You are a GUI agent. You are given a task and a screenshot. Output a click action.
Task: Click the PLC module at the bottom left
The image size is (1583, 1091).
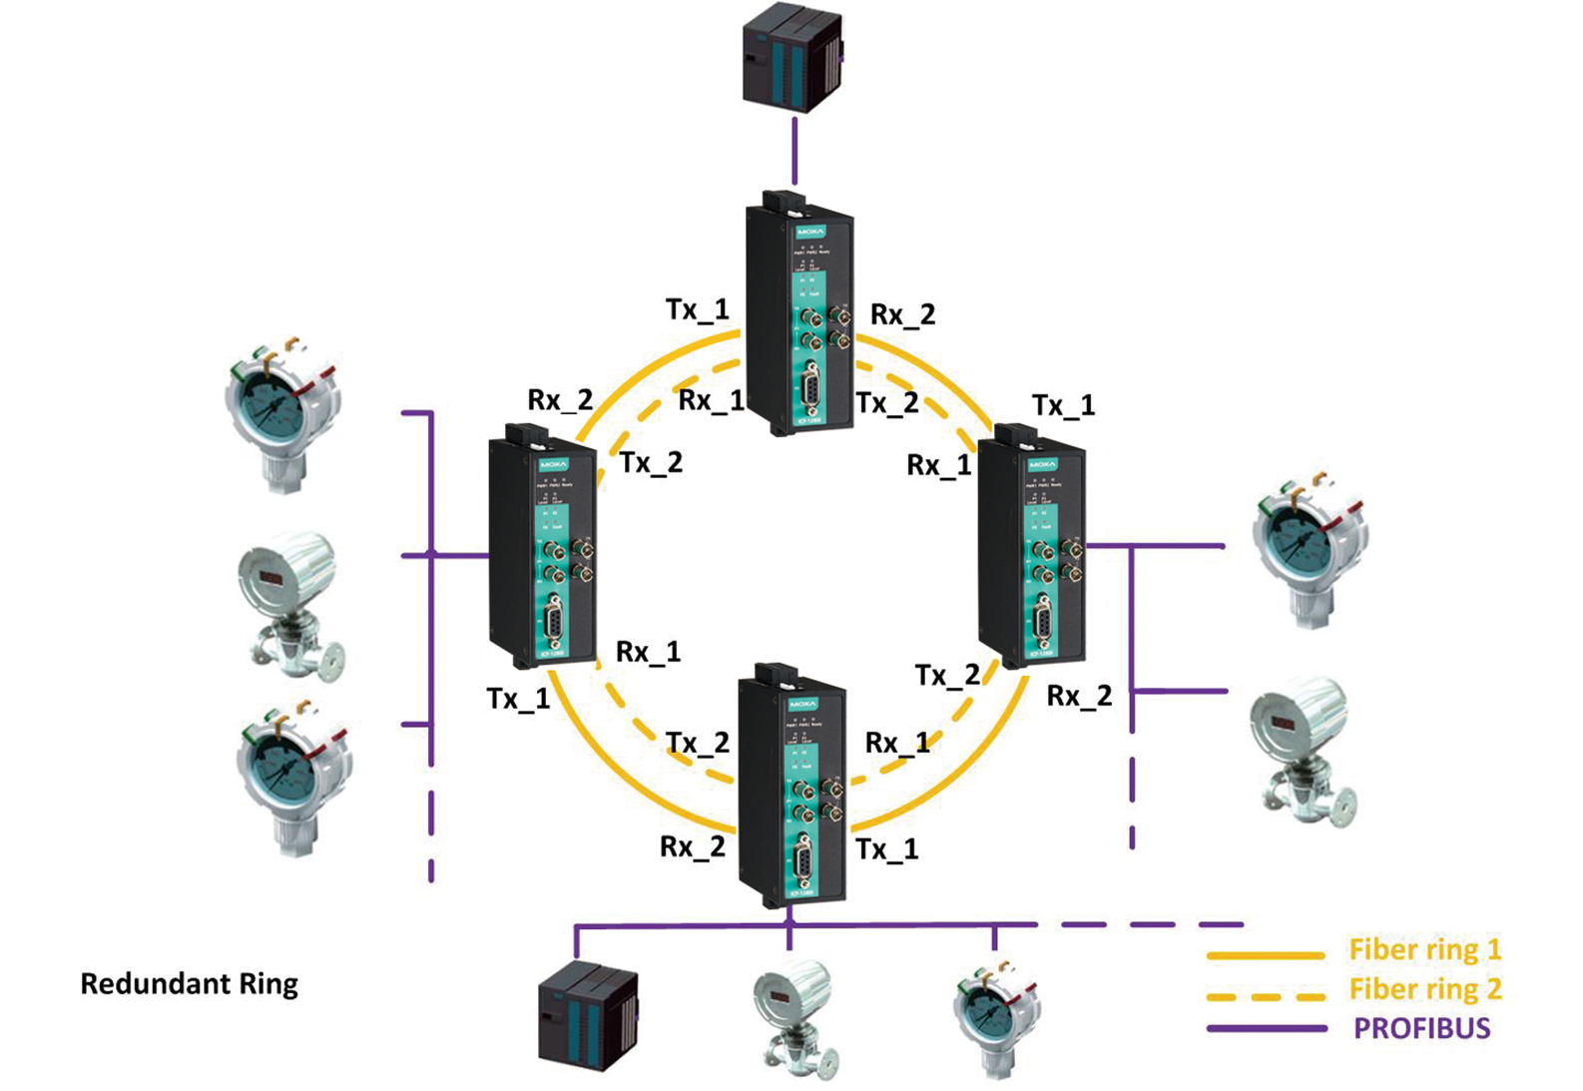coord(588,1013)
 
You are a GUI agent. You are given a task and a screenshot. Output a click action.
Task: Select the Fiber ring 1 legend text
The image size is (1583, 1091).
coord(1424,949)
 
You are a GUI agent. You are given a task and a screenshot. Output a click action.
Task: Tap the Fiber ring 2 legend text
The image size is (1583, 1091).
coord(1424,989)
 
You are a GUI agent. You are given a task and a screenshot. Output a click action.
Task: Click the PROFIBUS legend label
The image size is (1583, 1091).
coord(1421,1028)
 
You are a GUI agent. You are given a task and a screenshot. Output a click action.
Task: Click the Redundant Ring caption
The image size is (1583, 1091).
coord(189,984)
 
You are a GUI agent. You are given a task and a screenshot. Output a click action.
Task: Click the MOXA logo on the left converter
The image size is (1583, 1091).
coord(553,465)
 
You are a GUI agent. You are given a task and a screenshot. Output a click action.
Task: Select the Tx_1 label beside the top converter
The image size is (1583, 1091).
coord(697,309)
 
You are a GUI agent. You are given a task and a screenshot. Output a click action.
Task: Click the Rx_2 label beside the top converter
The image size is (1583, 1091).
coord(902,314)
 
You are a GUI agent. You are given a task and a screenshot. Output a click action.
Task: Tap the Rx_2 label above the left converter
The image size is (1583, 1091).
coord(560,400)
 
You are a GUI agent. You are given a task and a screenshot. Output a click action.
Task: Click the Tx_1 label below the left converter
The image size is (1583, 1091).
coord(518,699)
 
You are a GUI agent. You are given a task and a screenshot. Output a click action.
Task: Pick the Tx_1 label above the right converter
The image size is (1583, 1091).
coord(1063,405)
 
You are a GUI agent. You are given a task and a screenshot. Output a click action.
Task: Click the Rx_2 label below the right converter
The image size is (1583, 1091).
coord(1078,697)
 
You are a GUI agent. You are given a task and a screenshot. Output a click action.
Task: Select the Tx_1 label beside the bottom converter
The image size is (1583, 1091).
coord(886,849)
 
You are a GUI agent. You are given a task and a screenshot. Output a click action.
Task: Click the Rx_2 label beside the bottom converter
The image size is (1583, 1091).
coord(692,847)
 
